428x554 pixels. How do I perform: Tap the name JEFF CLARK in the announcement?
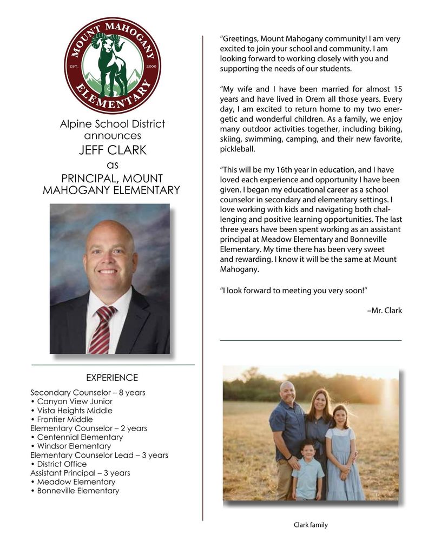tap(113, 150)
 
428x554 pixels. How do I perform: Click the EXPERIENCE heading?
tap(112, 378)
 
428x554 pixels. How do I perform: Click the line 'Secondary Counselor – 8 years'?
tap(88, 393)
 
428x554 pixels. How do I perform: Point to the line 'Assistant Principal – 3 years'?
tap(80, 473)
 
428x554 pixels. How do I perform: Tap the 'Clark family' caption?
tap(311, 525)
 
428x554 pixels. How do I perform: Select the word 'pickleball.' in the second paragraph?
tap(237, 149)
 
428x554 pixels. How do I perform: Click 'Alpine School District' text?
tap(113, 124)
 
